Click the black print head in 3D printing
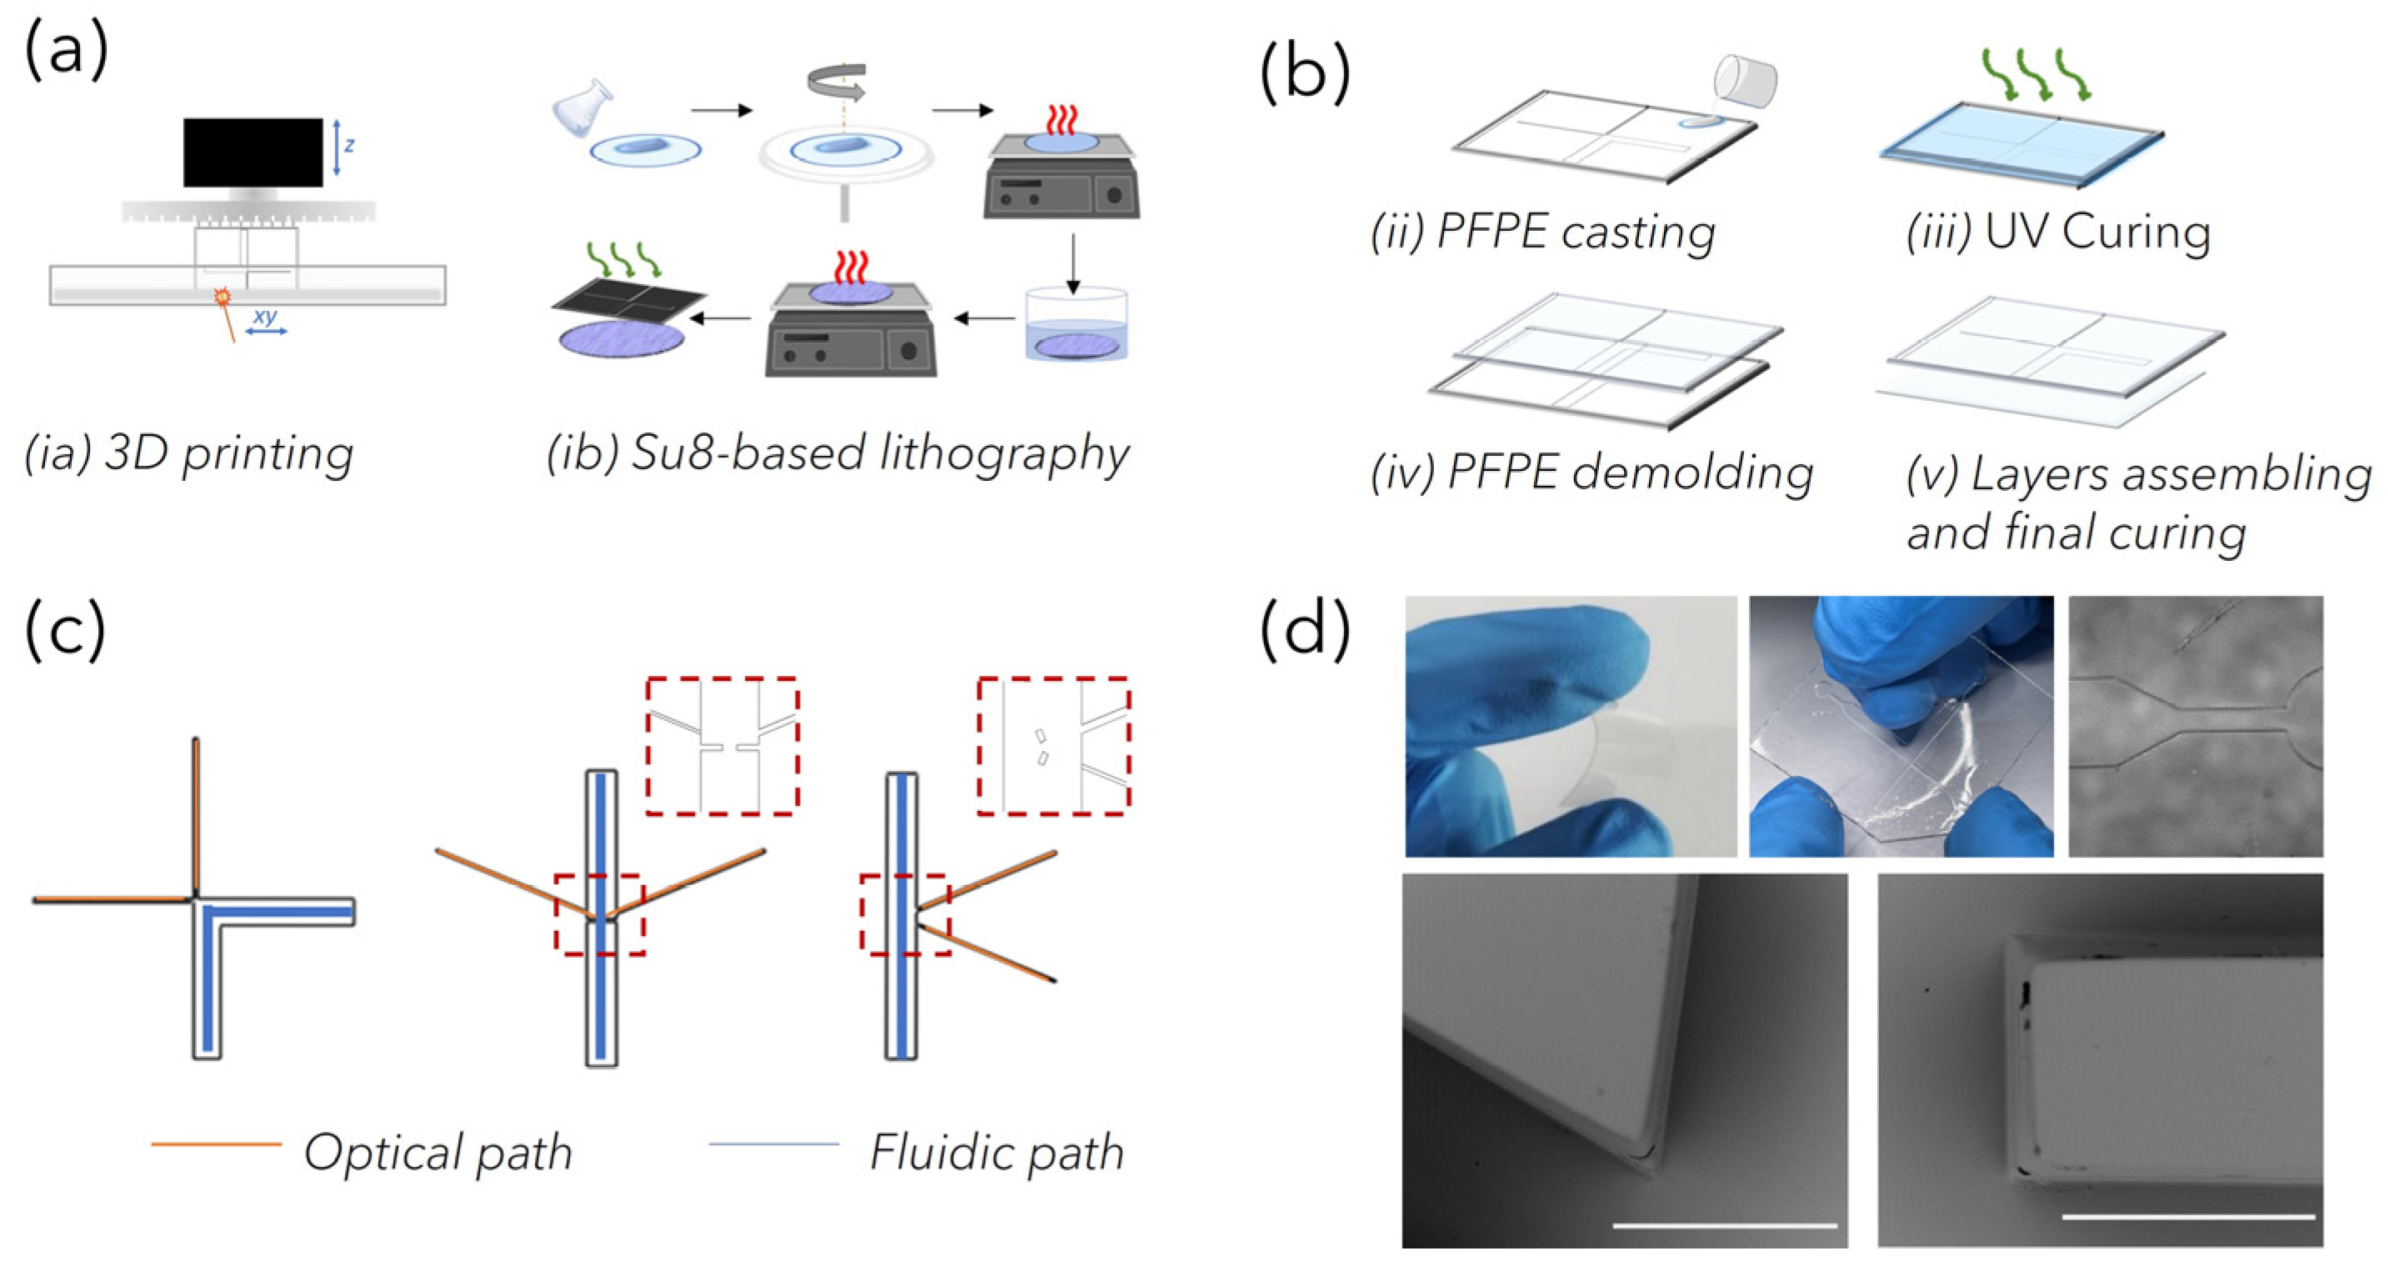pyautogui.click(x=252, y=152)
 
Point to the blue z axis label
pyautogui.click(x=349, y=146)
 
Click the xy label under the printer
pyautogui.click(x=265, y=317)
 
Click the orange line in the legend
pyautogui.click(x=216, y=1144)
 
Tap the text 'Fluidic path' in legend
pyautogui.click(x=997, y=1153)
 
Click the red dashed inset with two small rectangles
pyautogui.click(x=1053, y=747)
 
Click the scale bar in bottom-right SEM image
pyautogui.click(x=2188, y=1217)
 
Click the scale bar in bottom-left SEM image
pyautogui.click(x=1724, y=1225)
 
